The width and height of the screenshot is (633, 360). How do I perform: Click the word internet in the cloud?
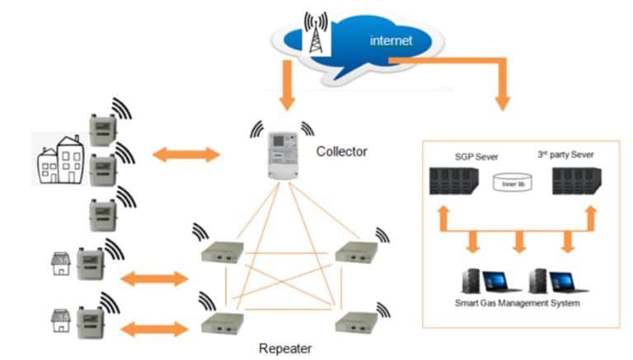click(392, 40)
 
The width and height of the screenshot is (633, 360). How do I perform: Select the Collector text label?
click(341, 152)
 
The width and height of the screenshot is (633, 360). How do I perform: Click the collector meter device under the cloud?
click(282, 154)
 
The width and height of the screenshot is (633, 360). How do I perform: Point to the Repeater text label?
click(286, 348)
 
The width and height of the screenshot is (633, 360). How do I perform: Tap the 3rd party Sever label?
click(570, 155)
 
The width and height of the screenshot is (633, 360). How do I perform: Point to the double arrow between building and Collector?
click(185, 153)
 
